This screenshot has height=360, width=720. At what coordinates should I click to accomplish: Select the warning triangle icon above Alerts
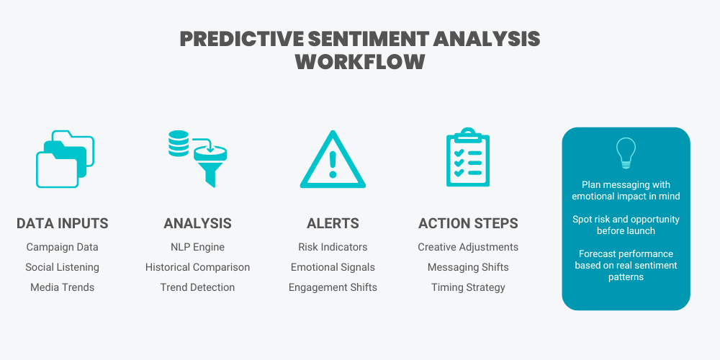[332, 160]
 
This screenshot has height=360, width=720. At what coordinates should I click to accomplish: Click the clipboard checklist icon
[467, 158]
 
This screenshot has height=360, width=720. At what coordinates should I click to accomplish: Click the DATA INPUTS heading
[63, 224]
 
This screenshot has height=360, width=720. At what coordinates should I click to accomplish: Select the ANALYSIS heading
[197, 224]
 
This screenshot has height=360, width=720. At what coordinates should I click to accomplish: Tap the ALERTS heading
[332, 224]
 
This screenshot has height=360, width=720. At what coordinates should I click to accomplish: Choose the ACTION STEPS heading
[468, 224]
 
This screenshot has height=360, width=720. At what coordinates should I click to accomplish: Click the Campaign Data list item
[63, 247]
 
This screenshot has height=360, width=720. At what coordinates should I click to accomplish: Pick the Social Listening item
[63, 267]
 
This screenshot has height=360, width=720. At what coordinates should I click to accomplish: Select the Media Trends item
[63, 287]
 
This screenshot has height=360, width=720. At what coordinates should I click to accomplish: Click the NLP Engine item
[197, 247]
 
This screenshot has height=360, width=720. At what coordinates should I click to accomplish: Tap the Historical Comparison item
[197, 267]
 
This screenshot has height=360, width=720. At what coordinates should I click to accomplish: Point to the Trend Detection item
[197, 287]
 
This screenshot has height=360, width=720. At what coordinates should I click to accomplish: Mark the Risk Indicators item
[333, 247]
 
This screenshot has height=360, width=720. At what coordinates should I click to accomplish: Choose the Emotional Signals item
[333, 267]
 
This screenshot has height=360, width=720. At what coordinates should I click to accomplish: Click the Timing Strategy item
[468, 287]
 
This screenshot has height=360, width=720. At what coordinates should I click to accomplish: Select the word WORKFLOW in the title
[360, 61]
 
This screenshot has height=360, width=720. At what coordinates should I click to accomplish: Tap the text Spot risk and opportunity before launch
[626, 225]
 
